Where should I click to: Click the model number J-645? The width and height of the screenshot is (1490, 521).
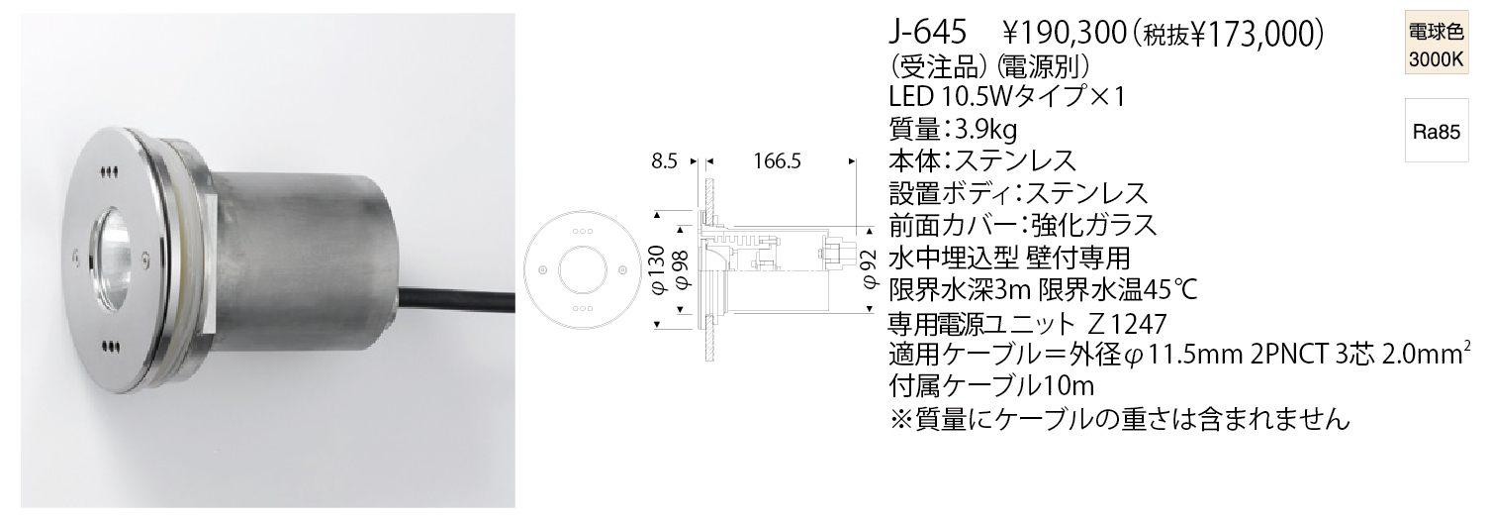[x=928, y=34]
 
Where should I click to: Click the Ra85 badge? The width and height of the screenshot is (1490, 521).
[x=1437, y=132]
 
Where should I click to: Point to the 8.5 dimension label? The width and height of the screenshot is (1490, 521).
[x=664, y=161]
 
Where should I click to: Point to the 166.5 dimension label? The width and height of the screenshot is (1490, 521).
[x=777, y=161]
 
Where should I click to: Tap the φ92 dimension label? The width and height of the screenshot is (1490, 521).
[x=871, y=269]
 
